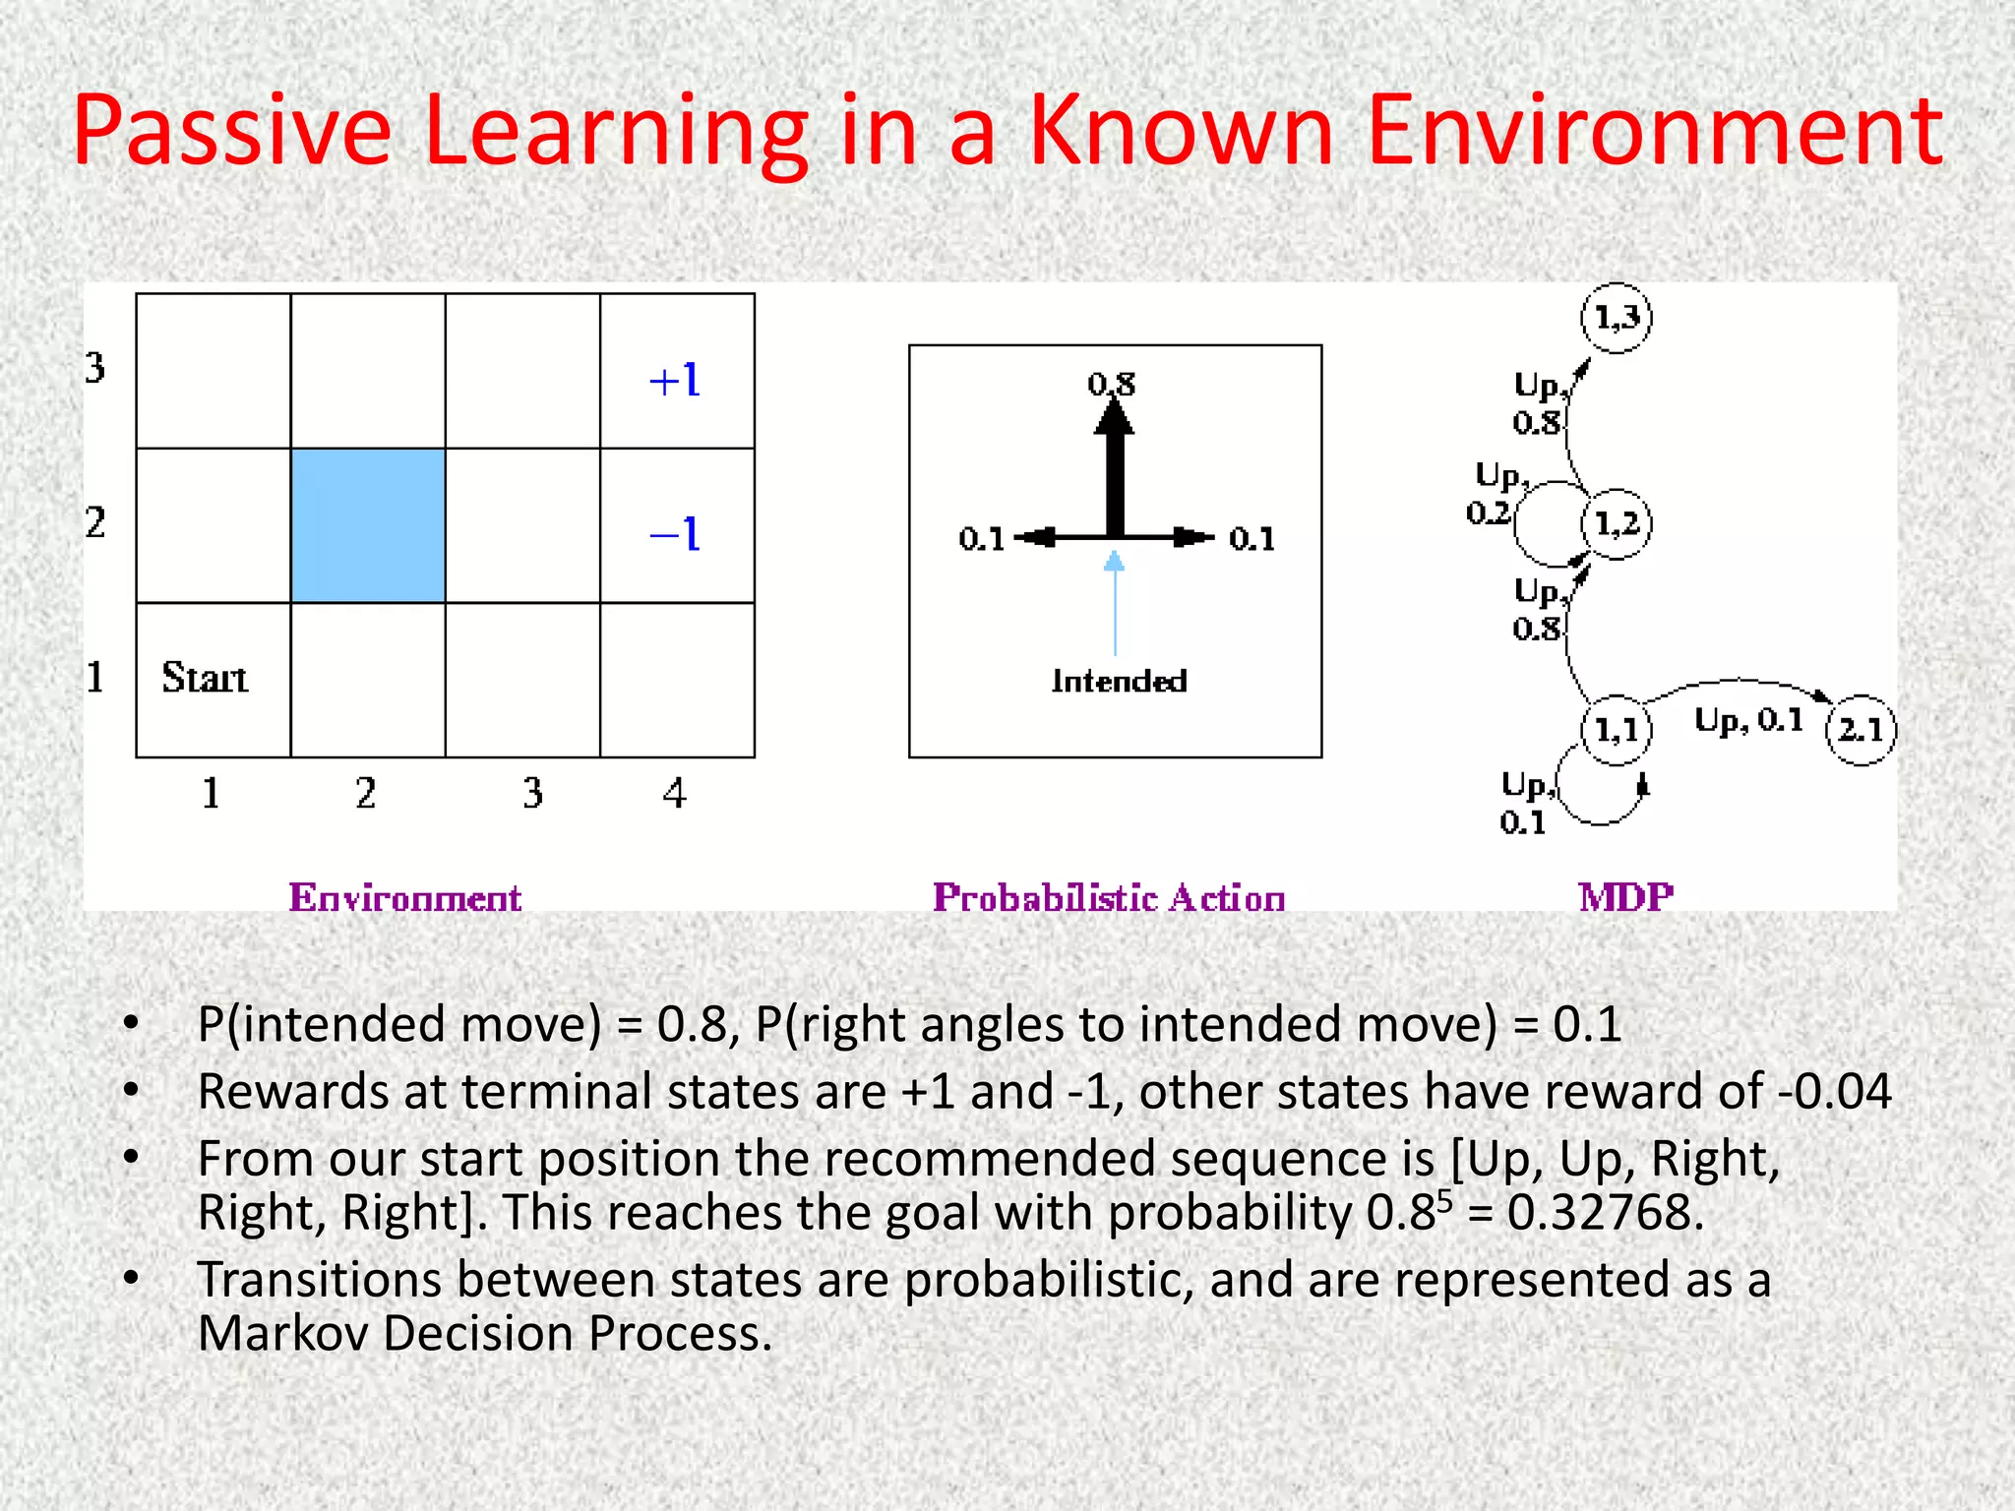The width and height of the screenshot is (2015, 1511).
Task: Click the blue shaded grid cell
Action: [x=368, y=525]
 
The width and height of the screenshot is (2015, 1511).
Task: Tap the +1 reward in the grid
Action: [x=675, y=380]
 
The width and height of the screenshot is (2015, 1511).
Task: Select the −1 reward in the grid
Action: [x=675, y=534]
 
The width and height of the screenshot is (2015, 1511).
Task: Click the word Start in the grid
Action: [x=205, y=678]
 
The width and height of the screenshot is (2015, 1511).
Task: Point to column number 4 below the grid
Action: [x=674, y=793]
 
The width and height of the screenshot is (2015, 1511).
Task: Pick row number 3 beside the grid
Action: [x=94, y=368]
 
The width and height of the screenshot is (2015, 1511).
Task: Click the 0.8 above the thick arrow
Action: [x=1112, y=384]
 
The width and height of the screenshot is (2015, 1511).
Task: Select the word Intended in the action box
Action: [x=1119, y=681]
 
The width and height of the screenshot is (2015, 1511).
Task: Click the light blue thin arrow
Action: [x=1115, y=605]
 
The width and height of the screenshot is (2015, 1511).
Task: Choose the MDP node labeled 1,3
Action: [x=1617, y=318]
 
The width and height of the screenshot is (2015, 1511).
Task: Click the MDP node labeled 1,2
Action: [x=1617, y=523]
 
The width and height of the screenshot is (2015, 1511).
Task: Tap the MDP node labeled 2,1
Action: [x=1861, y=730]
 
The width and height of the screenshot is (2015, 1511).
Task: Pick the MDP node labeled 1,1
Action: [x=1617, y=730]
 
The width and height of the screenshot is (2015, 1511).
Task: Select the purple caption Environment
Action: [x=405, y=897]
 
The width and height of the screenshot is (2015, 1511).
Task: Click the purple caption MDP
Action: [x=1625, y=897]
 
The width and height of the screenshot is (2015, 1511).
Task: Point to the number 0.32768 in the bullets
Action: [x=1605, y=1212]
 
